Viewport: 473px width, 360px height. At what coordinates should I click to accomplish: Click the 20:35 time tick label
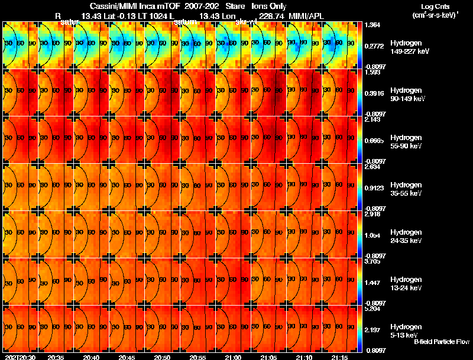[x=56, y=358]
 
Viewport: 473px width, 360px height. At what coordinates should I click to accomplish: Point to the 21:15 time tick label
[x=339, y=358]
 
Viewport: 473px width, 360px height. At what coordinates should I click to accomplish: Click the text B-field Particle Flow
[x=441, y=342]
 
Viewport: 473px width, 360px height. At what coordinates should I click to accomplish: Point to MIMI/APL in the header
[x=307, y=15]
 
